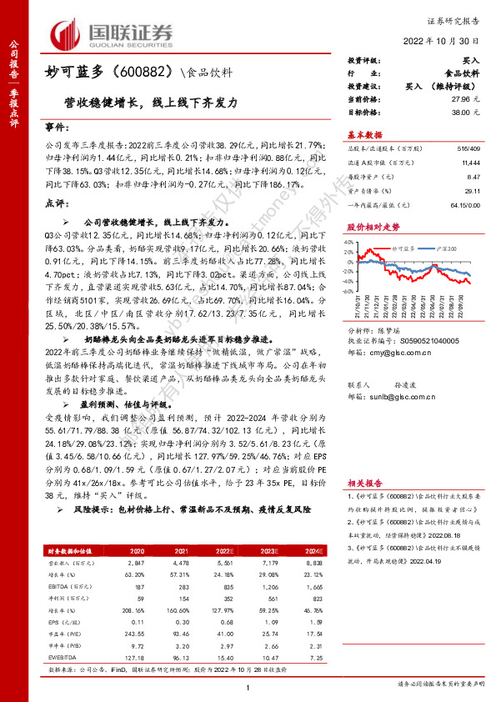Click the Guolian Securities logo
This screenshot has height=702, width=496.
point(113,34)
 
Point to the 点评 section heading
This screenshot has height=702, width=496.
point(54,203)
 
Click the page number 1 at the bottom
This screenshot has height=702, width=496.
point(248,686)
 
